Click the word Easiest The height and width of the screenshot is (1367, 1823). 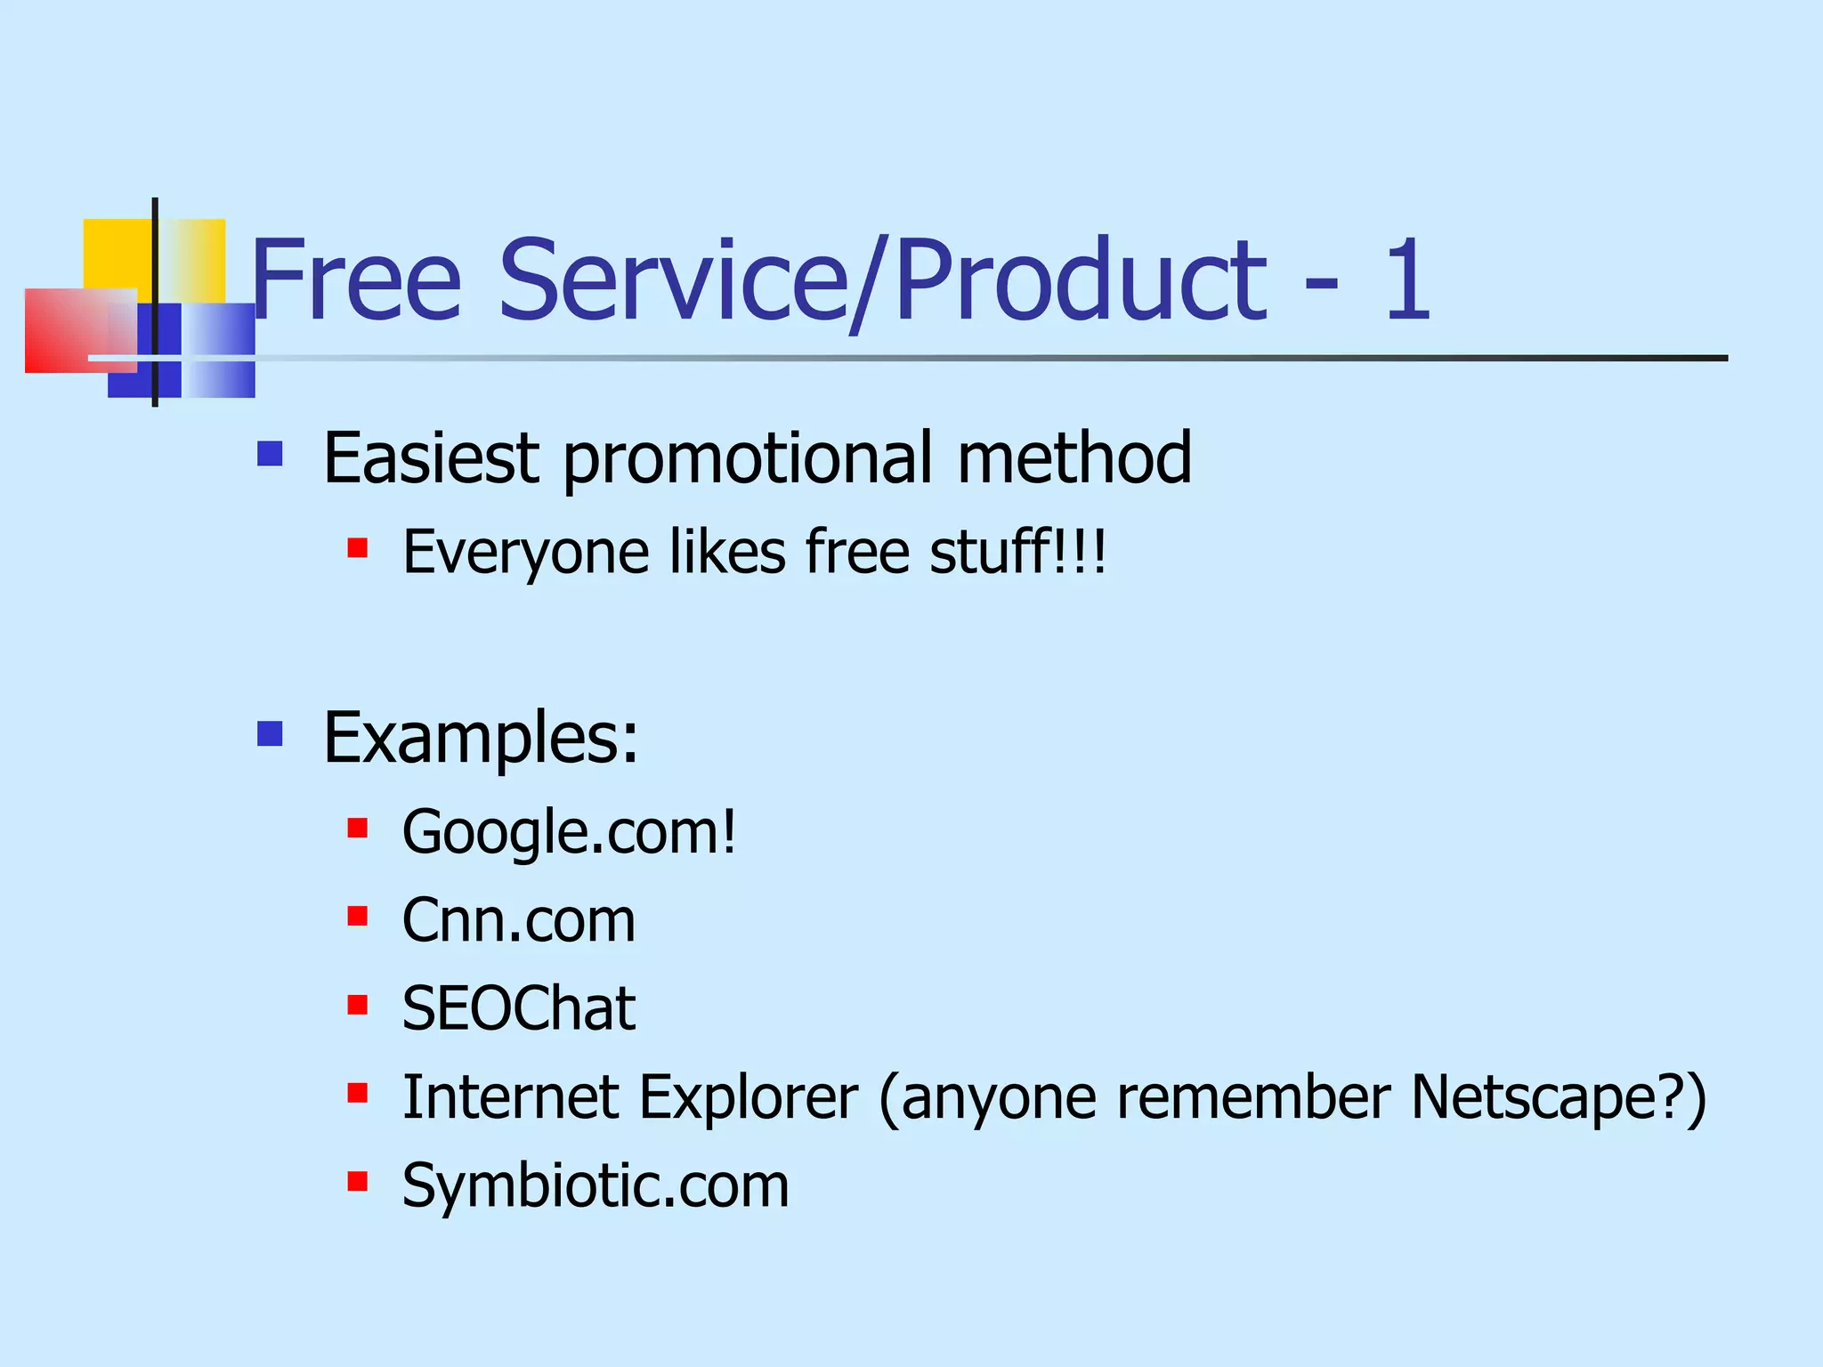pyautogui.click(x=431, y=457)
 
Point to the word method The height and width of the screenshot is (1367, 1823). pyautogui.click(x=1074, y=457)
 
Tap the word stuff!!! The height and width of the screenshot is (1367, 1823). pyautogui.click(x=1018, y=551)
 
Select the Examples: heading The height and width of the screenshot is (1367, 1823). pyautogui.click(x=481, y=738)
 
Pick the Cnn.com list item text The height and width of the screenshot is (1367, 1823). pyautogui.click(x=519, y=920)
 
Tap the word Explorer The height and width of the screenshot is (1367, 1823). pyautogui.click(x=749, y=1096)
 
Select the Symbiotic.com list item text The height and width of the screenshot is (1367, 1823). pyautogui.click(x=596, y=1185)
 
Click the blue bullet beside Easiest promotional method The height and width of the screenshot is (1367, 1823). pyautogui.click(x=270, y=455)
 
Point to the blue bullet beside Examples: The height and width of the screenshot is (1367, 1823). pyautogui.click(x=270, y=734)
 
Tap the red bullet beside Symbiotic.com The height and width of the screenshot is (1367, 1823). pyautogui.click(x=358, y=1182)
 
